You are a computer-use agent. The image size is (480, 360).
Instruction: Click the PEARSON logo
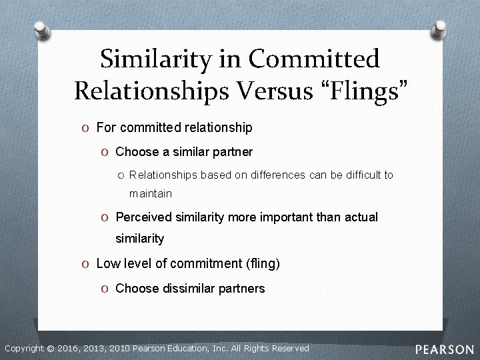point(445,349)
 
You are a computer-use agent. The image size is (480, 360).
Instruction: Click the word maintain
point(151,193)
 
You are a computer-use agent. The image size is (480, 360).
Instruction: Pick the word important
point(280,217)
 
